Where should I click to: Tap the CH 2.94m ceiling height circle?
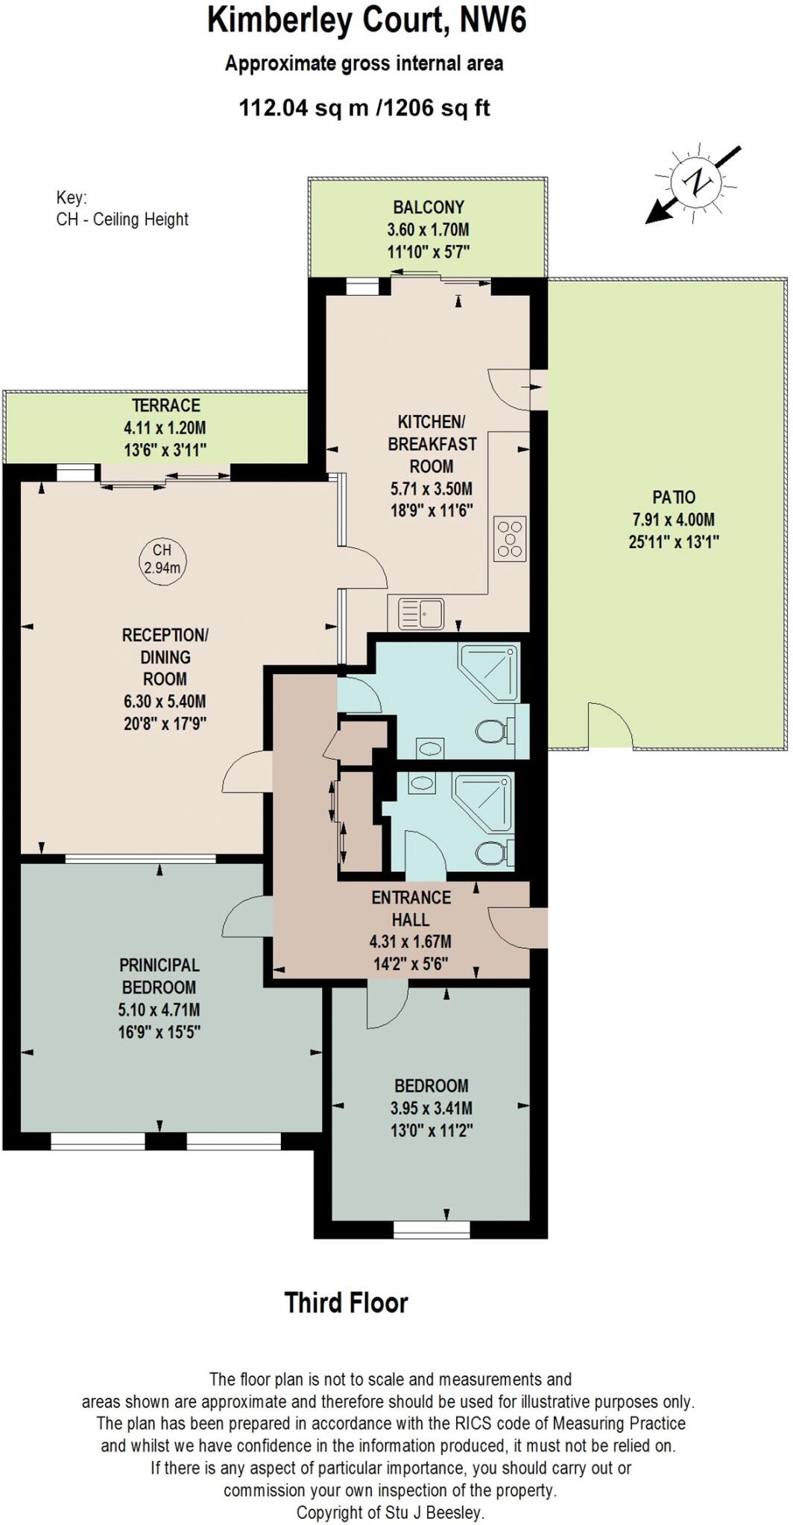point(162,559)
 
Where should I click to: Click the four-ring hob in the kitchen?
point(511,538)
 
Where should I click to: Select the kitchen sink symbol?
point(421,614)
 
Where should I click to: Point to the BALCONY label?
point(429,207)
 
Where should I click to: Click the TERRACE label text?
point(165,406)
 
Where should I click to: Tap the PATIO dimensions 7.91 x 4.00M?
point(673,520)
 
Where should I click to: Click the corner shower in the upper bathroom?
point(488,670)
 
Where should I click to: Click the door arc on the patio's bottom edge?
point(610,727)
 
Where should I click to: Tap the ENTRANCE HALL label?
point(411,908)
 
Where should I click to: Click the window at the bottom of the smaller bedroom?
point(432,1229)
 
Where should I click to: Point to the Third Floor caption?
point(346,1303)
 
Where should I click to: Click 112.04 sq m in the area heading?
point(303,108)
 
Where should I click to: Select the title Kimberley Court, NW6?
point(367,20)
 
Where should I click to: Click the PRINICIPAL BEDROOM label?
point(159,976)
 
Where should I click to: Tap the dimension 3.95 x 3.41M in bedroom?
point(431,1108)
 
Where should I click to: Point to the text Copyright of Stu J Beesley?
point(390,1512)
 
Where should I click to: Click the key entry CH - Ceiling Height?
point(122,220)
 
